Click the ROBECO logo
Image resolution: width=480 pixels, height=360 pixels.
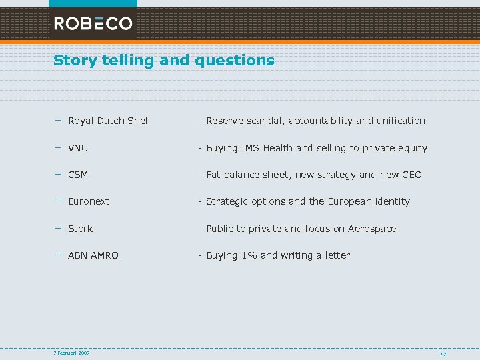93,23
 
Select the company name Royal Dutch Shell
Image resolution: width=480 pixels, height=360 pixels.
109,121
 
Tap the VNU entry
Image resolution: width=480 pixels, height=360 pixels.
78,148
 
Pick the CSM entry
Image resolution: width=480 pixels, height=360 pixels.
78,175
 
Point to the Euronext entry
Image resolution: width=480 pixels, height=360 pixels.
89,201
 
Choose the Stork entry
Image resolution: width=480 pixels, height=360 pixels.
81,229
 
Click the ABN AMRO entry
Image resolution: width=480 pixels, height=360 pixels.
93,255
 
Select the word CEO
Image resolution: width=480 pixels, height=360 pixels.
411,175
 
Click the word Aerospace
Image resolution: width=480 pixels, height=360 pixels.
371,229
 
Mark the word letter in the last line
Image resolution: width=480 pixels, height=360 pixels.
337,255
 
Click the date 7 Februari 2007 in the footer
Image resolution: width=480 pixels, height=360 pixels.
72,353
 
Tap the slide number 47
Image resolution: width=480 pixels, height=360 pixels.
443,354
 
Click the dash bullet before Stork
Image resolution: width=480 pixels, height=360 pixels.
58,228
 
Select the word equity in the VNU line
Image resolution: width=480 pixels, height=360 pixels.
413,148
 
